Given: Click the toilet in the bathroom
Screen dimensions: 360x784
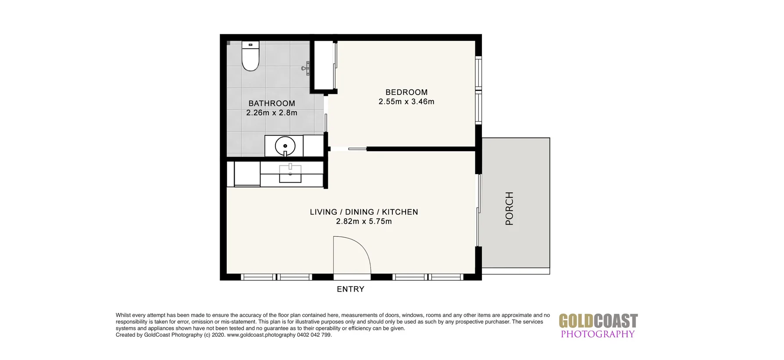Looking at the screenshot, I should coord(250,58).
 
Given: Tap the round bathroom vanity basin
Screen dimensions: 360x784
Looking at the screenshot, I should coord(285,146).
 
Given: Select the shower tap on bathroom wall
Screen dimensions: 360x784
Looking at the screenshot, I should coord(306,68).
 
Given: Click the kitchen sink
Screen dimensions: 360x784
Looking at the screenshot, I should coord(290,174).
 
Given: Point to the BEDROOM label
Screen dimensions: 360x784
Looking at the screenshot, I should coord(406,92).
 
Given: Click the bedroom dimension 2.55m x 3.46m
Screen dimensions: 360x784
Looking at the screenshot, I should coord(406,102).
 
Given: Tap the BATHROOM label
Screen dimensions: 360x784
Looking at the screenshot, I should coord(271,103).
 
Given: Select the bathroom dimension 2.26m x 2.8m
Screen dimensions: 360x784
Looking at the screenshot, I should coord(271,113).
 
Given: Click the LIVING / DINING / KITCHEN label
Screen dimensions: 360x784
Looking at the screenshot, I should coord(363,212).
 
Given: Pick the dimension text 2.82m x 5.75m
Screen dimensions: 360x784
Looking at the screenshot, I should coord(363,221).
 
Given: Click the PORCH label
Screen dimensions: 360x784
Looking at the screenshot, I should coord(509,208).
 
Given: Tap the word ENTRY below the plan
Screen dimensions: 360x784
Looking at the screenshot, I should coord(350,289).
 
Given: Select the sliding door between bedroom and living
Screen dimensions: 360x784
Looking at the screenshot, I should coord(357,149).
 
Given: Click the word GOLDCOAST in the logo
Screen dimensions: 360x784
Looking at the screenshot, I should coord(598,321).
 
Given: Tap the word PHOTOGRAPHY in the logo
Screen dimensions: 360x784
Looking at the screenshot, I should coord(598,334).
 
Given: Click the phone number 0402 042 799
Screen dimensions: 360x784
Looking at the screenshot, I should coord(314,335).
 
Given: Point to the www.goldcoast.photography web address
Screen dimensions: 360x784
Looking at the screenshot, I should coord(261,335).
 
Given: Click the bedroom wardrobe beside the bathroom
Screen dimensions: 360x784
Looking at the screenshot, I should coord(324,66).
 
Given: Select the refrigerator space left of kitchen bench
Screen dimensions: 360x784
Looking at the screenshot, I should coord(247,174).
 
